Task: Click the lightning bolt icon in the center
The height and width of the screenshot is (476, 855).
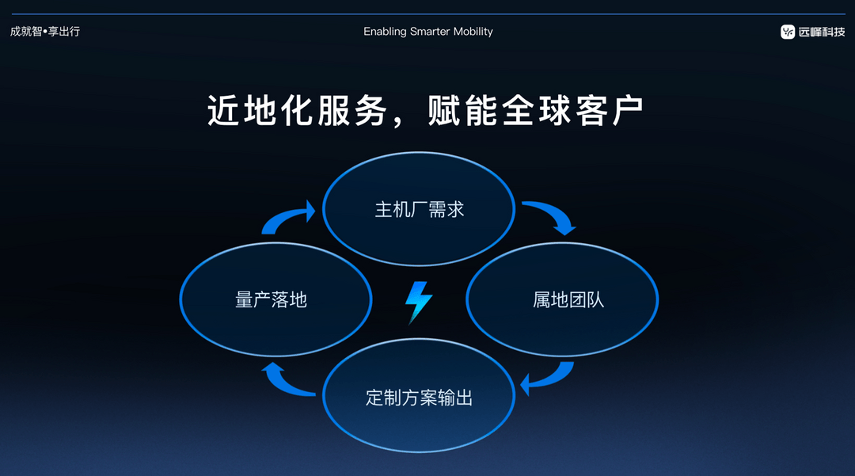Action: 419,302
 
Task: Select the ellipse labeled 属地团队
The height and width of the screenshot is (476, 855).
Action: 562,299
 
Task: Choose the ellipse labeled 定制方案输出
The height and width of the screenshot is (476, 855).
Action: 419,396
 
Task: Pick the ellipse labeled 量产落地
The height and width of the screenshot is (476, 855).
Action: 275,299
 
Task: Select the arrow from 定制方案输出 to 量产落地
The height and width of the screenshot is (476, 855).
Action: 287,380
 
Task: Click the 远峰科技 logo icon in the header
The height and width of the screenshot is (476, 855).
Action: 788,32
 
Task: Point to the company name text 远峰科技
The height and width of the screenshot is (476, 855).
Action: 822,32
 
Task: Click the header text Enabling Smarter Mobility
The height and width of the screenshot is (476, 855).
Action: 427,32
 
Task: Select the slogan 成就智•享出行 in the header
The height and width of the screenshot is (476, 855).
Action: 45,32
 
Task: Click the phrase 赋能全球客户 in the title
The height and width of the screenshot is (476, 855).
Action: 534,111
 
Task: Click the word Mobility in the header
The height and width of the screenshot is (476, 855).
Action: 473,32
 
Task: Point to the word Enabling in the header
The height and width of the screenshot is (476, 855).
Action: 385,32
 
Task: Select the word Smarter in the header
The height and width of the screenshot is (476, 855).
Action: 430,32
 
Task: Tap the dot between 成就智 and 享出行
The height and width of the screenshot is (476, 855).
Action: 45,32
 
